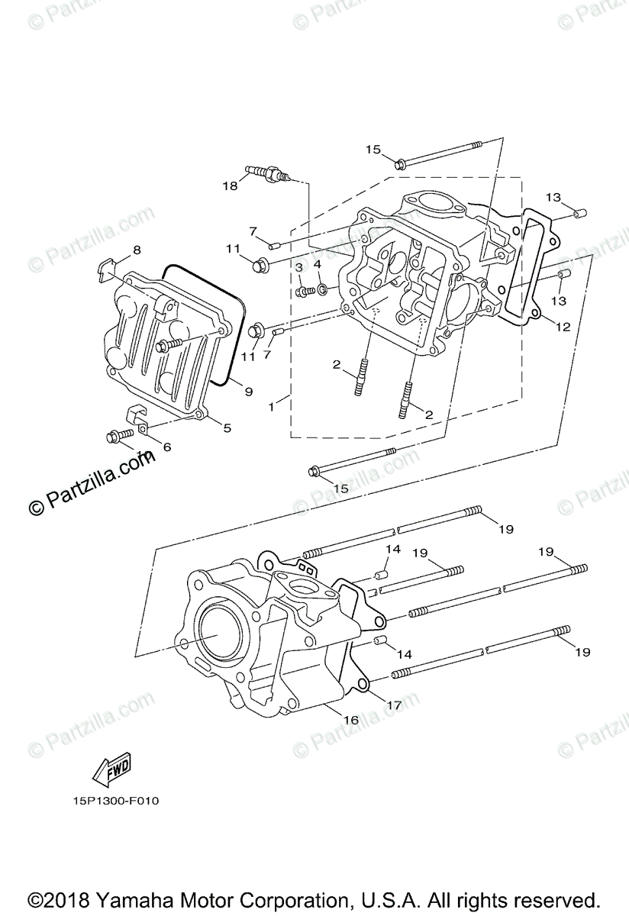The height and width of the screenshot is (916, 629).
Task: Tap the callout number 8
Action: pyautogui.click(x=137, y=250)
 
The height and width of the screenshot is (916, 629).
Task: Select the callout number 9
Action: pyautogui.click(x=248, y=391)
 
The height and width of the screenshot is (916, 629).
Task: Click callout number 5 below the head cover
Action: pyautogui.click(x=227, y=428)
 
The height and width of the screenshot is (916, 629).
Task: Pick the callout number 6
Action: pyautogui.click(x=167, y=447)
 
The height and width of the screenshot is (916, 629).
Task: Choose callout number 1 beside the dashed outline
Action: pyautogui.click(x=271, y=407)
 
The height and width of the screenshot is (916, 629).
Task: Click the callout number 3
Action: pyautogui.click(x=299, y=266)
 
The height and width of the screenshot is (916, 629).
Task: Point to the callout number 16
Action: pyautogui.click(x=350, y=720)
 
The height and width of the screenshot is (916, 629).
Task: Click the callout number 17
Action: pyautogui.click(x=393, y=706)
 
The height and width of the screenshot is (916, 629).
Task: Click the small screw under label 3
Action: pyautogui.click(x=303, y=291)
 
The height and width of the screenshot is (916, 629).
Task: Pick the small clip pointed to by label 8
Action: pyautogui.click(x=105, y=266)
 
